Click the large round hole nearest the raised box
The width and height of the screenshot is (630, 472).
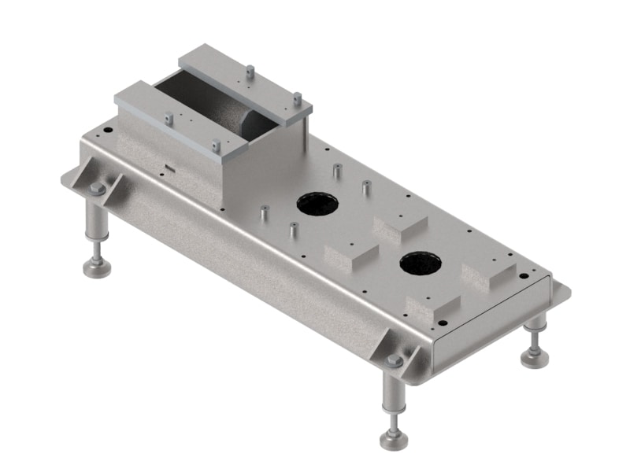tap(318, 205)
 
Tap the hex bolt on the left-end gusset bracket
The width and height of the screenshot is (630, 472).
tap(97, 189)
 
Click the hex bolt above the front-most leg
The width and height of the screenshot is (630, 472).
tap(394, 361)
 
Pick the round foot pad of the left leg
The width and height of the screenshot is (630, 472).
tap(98, 268)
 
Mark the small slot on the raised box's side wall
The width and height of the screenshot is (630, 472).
tap(169, 167)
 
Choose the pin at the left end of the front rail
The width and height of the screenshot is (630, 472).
tap(169, 118)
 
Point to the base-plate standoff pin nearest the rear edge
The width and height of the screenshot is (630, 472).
tap(336, 171)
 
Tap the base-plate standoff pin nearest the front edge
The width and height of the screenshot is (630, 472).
tap(293, 230)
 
